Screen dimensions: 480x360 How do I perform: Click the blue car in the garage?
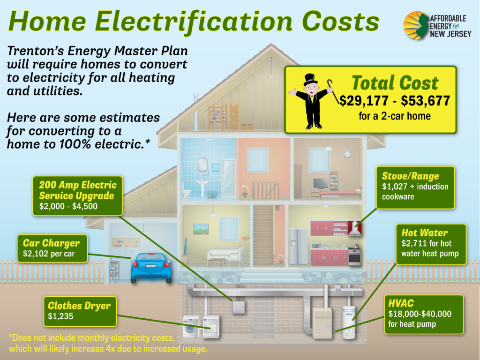coord(151,268)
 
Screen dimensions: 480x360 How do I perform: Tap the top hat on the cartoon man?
coord(310,80)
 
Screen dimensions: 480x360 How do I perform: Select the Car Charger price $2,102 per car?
coord(49,254)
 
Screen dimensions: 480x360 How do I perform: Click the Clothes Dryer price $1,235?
coord(60,316)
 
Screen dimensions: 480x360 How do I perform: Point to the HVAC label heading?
coord(401,303)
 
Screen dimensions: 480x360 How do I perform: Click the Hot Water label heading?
coord(424,232)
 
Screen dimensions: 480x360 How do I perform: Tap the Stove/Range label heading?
coord(410,176)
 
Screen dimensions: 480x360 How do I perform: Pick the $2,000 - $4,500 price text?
coord(68,206)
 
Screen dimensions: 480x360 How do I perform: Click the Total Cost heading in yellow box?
coord(395,82)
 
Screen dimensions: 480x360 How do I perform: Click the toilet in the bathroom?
coord(187,191)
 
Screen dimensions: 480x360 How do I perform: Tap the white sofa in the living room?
coord(225,255)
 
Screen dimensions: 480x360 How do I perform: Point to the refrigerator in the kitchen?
coord(298,246)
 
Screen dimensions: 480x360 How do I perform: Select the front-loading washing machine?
coord(191,327)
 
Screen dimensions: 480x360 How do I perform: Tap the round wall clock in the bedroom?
coord(347,154)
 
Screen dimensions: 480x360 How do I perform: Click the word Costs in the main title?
coord(341,22)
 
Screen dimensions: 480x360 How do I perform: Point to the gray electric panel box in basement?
coord(239,307)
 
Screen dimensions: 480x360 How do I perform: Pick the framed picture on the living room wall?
coord(201,229)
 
